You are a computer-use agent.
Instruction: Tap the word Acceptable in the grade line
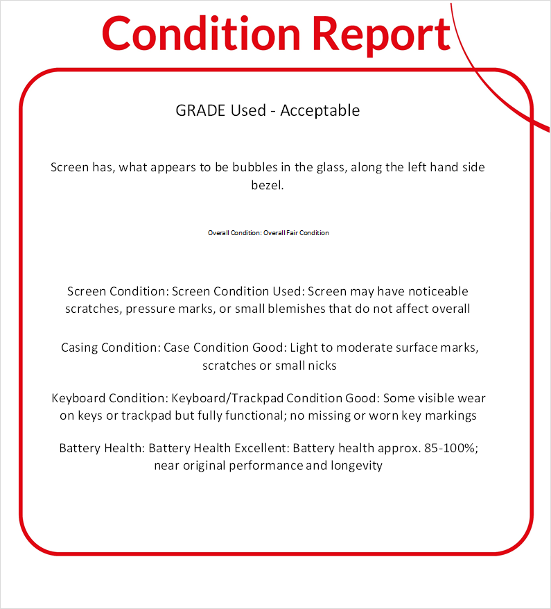(320, 110)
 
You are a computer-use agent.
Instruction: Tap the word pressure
(148, 309)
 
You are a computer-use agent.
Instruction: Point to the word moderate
(370, 347)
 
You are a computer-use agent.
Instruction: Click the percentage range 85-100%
(448, 448)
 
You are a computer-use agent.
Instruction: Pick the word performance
(263, 466)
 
